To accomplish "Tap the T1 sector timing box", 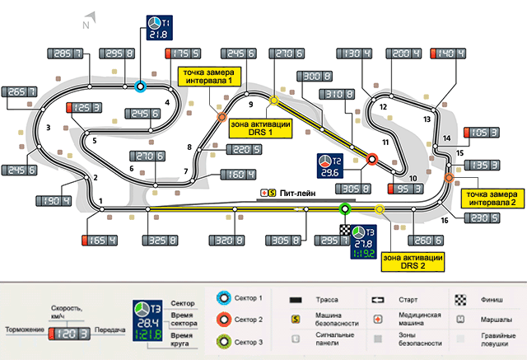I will point(157,27).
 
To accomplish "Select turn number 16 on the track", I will point(445,220).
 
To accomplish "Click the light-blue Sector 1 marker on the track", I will point(141,85).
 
